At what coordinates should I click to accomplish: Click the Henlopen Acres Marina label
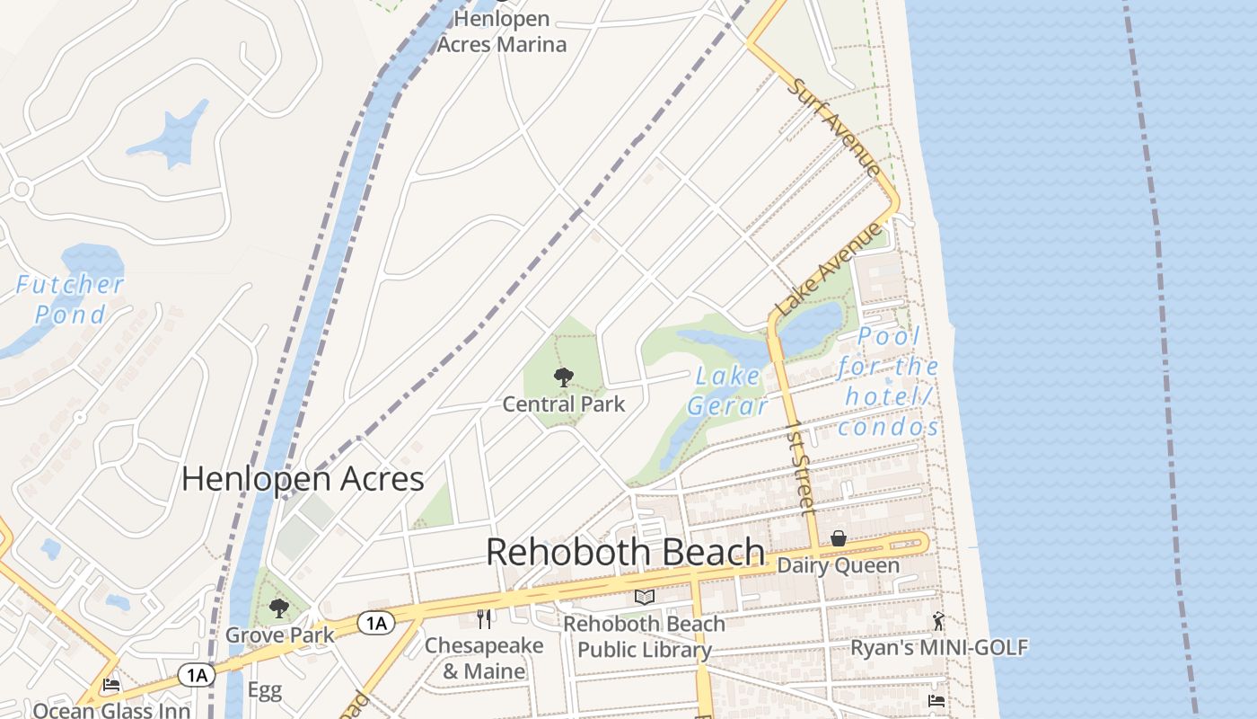tap(501, 31)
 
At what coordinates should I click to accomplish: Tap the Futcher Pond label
tap(70, 299)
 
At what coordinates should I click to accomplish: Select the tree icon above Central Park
tap(563, 377)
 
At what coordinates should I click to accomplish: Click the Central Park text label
tap(563, 404)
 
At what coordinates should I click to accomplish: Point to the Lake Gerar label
tap(728, 391)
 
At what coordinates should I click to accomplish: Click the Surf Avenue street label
tap(834, 126)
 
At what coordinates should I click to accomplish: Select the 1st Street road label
tap(799, 466)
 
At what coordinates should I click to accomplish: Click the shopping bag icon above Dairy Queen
tap(838, 538)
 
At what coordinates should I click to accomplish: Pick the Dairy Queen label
tap(838, 565)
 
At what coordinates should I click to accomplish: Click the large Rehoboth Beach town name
tap(626, 552)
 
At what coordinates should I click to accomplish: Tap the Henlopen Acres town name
tap(303, 479)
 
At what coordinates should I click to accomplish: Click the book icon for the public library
tap(644, 597)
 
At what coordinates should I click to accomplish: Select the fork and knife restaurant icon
tap(484, 618)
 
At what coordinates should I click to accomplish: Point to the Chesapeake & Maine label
tap(484, 659)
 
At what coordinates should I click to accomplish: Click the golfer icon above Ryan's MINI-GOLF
tap(938, 620)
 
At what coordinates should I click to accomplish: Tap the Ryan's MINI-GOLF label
tap(938, 647)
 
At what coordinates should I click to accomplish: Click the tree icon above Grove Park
tap(279, 608)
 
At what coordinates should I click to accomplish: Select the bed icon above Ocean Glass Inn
tap(111, 685)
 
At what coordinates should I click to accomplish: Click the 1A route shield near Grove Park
tap(376, 623)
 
